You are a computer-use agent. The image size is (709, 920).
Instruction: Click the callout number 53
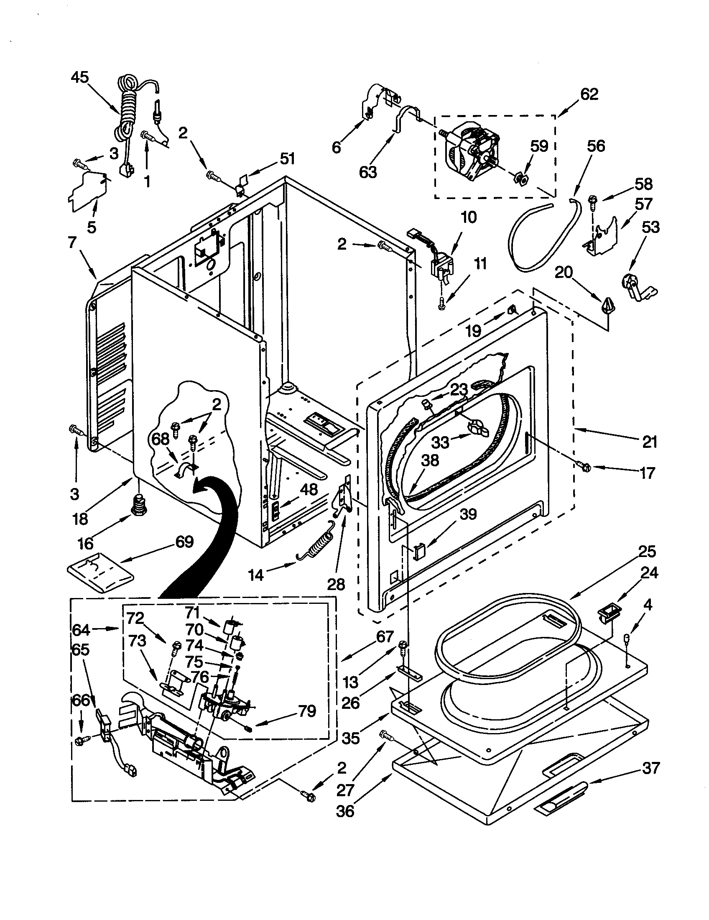pos(650,227)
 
